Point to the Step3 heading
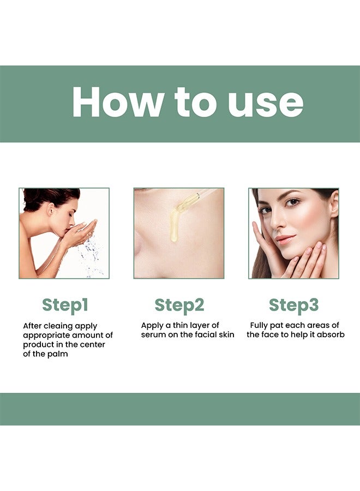click(293, 306)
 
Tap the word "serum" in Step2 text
click(154, 335)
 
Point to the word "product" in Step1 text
click(38, 345)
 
